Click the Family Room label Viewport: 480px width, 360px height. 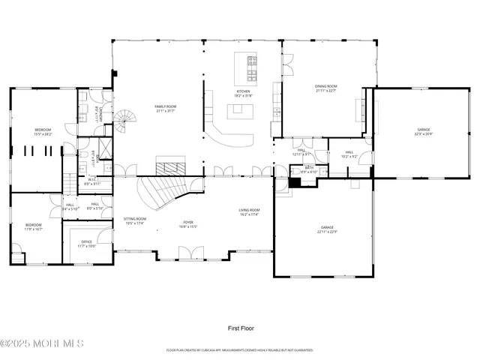165,109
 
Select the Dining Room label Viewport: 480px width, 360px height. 325,88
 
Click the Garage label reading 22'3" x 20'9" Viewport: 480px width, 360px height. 424,131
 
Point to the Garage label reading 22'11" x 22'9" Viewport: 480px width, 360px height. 327,229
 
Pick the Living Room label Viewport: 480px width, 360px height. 249,212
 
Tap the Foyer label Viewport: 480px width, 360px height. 188,224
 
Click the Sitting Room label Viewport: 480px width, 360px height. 135,220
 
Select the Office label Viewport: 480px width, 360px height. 87,244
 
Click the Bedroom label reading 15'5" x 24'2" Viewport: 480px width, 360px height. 43,132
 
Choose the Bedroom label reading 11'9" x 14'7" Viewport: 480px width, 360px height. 33,226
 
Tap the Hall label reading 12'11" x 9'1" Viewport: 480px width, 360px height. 301,151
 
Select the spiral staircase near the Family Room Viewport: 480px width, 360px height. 125,120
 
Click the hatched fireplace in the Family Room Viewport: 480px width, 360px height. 166,164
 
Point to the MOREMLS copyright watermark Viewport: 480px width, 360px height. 41,344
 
